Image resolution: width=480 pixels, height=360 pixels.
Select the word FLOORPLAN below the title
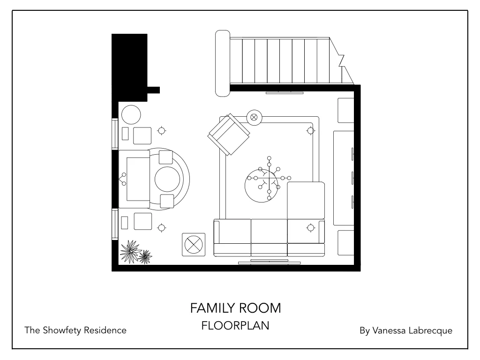point(235,326)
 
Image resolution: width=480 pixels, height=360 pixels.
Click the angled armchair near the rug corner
point(229,135)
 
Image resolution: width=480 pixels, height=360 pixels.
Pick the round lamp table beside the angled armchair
point(254,117)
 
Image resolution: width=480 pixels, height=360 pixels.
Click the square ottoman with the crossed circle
point(193,244)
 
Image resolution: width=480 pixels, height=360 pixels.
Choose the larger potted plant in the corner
point(130,251)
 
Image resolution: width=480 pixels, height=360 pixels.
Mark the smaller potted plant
point(146,256)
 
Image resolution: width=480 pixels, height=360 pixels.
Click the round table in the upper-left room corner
point(131,114)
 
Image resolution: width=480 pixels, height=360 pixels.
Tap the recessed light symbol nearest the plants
point(162,228)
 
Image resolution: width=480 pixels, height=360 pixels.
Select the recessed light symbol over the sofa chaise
point(310,228)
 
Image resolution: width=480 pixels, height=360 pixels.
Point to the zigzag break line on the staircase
point(342,61)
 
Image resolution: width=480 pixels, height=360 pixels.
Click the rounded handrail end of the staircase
point(222,63)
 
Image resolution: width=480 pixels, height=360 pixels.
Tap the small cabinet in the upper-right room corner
point(346,110)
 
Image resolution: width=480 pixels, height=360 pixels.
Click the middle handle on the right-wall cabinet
point(352,176)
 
